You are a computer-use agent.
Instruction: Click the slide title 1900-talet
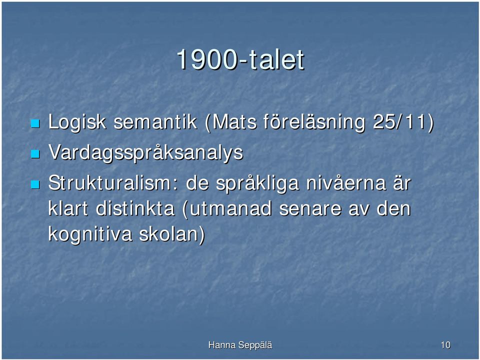click(x=240, y=59)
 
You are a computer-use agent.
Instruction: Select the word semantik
click(x=155, y=122)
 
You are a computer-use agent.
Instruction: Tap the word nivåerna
click(x=346, y=183)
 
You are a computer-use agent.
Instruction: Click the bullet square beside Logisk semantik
click(x=35, y=123)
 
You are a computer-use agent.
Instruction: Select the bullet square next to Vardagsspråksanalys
click(x=35, y=154)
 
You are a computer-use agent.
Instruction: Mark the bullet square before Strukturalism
click(x=35, y=185)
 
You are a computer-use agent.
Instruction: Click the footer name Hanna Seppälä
click(x=240, y=345)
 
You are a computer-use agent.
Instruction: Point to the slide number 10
click(x=445, y=345)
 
